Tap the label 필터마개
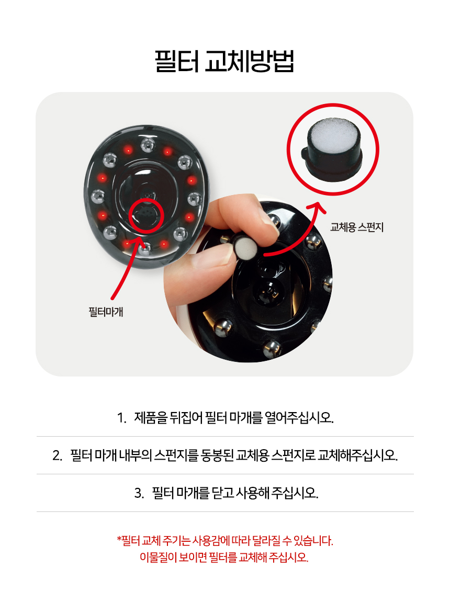point(106,311)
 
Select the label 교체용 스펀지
point(357,227)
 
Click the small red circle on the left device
point(147,215)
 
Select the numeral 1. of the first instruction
point(122,417)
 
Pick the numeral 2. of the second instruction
point(57,455)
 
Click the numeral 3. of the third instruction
point(139,493)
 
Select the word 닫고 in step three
point(223,493)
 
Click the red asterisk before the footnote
point(119,538)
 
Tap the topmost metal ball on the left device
point(148,145)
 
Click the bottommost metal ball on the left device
point(145,248)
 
